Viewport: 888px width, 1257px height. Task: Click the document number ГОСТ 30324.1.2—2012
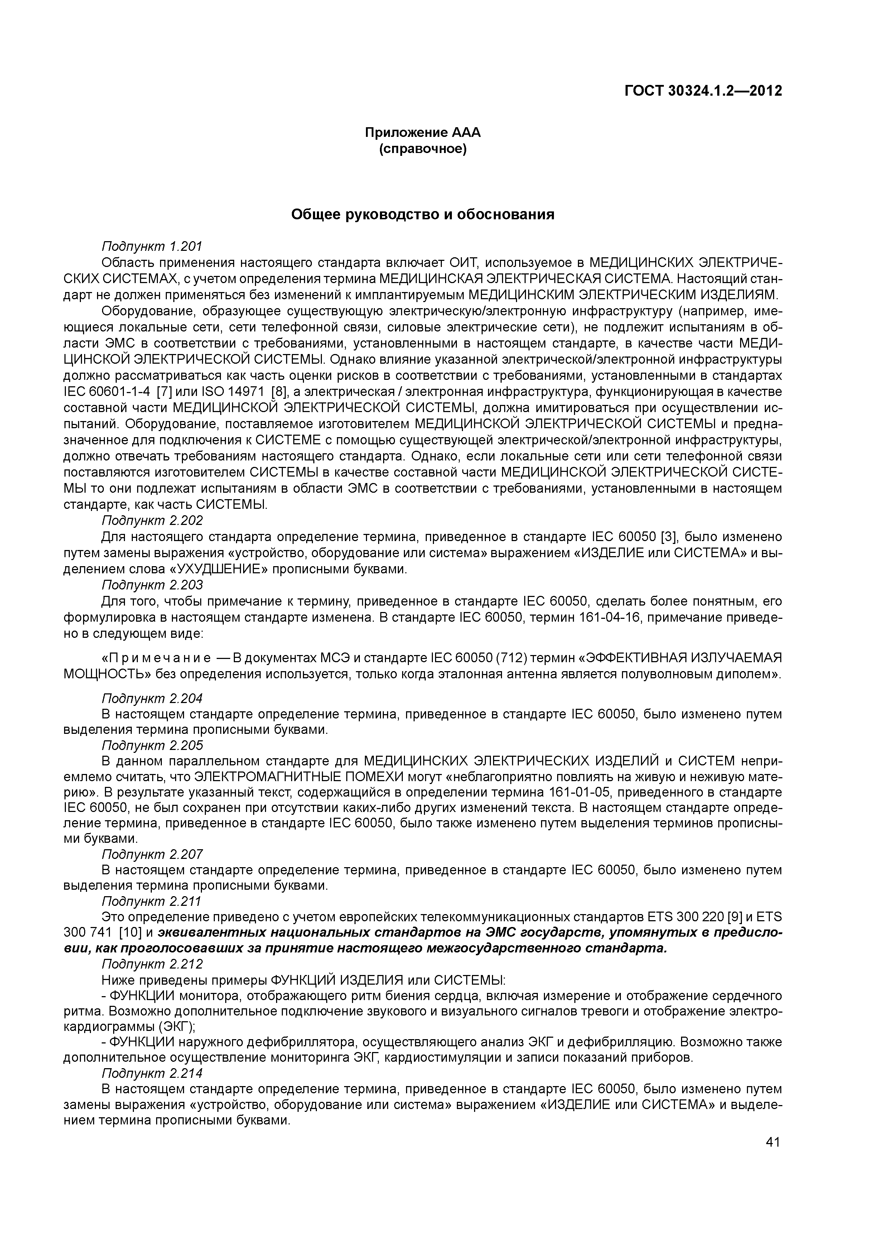coord(703,91)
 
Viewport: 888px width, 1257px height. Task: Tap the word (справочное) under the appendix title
coord(423,149)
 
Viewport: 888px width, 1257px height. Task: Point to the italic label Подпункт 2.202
coord(153,520)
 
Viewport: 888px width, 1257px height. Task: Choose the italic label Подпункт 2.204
coord(153,699)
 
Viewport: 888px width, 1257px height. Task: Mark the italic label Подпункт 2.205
coord(153,745)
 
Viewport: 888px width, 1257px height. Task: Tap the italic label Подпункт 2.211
coord(153,901)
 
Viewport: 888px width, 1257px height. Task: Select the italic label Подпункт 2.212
coord(153,964)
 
